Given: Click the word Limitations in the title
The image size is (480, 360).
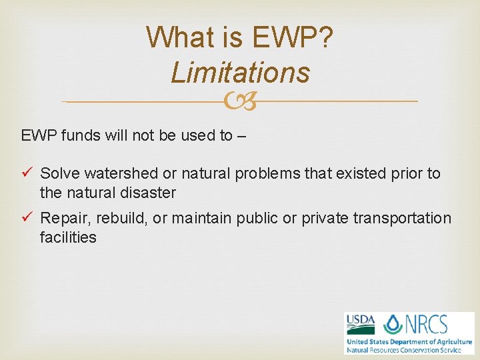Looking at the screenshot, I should coord(240,72).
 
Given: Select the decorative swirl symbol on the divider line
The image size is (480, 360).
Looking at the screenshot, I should coord(240,101).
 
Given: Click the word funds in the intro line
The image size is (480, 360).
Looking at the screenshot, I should coord(80,136).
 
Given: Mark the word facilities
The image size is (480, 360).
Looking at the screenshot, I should coord(68,238).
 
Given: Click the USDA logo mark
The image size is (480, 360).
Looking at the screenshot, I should coord(360,325).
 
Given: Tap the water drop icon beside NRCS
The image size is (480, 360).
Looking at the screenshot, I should coord(393,325).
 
